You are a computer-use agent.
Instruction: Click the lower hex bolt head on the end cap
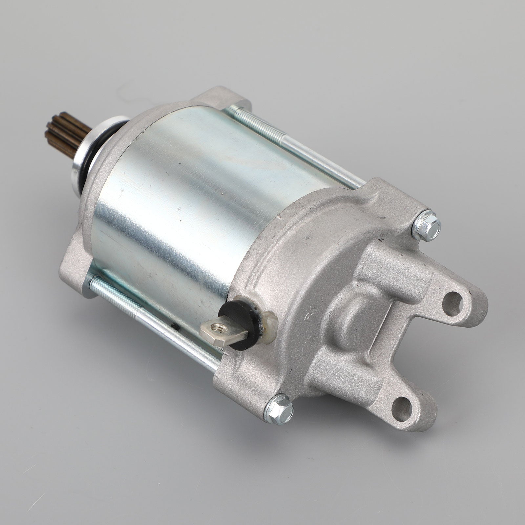279,409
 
